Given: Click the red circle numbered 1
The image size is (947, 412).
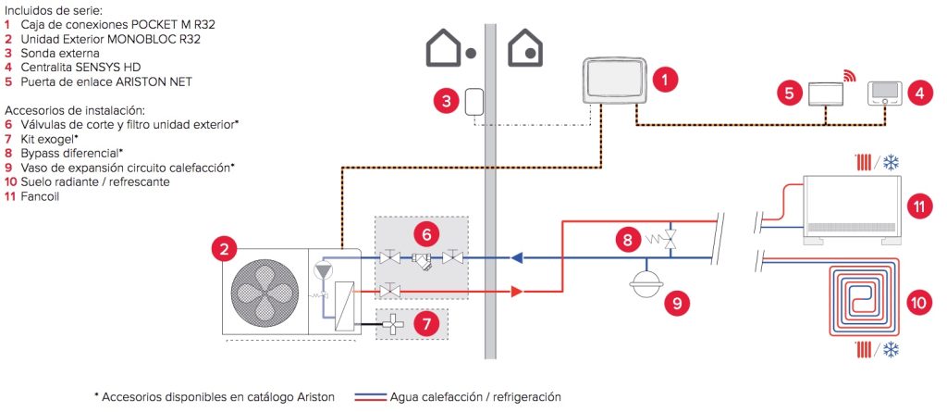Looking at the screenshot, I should (663, 80).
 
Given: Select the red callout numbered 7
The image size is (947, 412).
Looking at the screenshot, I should (425, 324).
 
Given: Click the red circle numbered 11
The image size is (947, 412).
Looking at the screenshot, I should (919, 207).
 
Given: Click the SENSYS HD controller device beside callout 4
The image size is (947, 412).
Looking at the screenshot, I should (887, 94).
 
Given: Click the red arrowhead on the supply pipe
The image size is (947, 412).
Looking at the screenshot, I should (516, 292).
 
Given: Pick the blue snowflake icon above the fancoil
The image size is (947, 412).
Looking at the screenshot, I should (890, 161).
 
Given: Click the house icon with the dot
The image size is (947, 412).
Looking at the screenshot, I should (448, 50).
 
